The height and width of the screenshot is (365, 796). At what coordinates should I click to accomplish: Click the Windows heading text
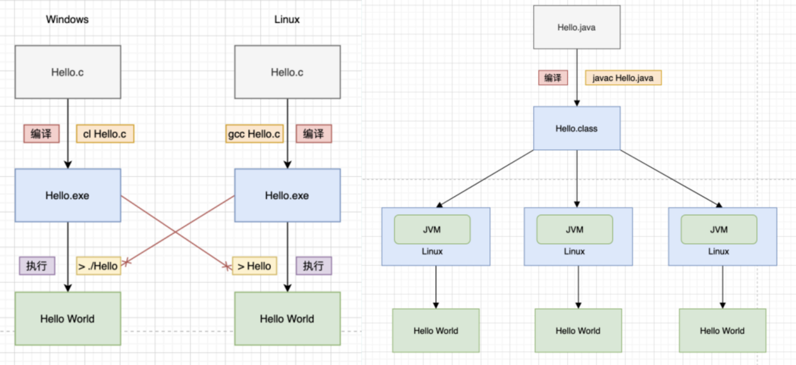coord(67,19)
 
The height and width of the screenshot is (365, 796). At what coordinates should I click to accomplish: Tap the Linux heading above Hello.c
coord(287,19)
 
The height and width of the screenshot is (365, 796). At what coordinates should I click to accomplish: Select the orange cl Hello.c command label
coord(105,134)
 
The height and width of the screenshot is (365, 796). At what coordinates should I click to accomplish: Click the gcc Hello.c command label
coord(254,134)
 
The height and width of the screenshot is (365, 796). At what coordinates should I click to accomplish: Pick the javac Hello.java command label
coord(623,78)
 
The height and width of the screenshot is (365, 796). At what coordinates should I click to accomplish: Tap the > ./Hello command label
coord(99,266)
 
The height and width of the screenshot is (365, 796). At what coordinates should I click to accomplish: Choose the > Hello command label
coord(254,266)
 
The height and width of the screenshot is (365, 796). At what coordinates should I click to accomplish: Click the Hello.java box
coord(576,27)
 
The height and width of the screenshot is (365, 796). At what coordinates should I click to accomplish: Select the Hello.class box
coord(576,129)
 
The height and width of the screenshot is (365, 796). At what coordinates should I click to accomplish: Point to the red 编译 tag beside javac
coord(553,78)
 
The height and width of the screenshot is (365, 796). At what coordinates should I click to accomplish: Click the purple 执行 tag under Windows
coord(37,266)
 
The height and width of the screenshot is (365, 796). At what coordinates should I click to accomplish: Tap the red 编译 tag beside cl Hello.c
coord(42,134)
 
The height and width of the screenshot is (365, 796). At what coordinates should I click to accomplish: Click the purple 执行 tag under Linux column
coord(314,266)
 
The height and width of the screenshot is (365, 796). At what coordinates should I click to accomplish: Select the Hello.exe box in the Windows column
coord(68,195)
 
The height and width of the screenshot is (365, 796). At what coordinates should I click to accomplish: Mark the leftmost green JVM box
coord(432,229)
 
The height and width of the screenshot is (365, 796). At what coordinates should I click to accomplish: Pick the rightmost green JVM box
coord(719,229)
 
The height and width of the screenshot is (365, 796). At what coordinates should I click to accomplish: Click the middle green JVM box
coord(575,229)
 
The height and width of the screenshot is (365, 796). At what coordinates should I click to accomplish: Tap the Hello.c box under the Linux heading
coord(288,72)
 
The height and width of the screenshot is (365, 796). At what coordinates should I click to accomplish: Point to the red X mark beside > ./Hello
coord(126,263)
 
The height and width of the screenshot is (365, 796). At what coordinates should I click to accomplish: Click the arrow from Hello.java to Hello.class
coord(576,78)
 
